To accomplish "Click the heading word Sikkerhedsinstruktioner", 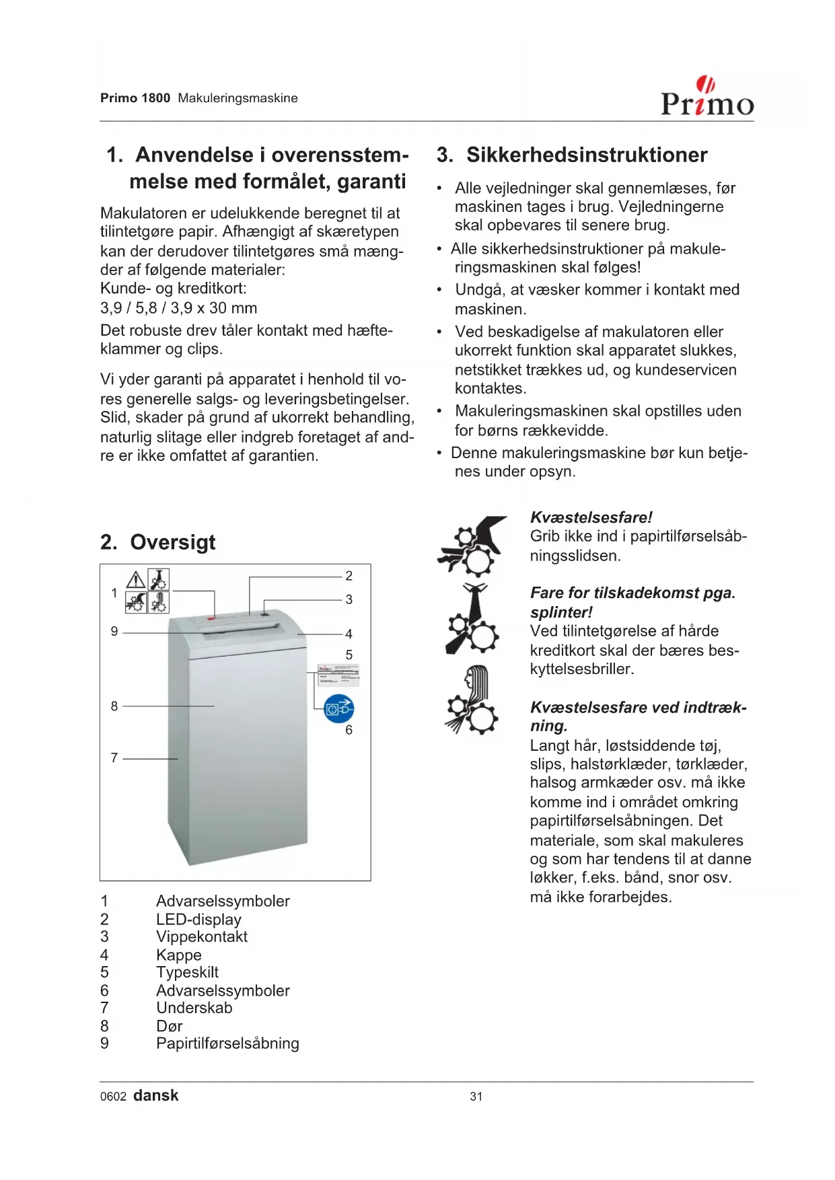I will [587, 155].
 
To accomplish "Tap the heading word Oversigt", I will [173, 542].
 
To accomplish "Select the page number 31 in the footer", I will [476, 1097].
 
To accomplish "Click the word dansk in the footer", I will [156, 1096].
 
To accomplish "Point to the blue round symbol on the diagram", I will [338, 708].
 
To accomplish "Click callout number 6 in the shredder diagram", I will [349, 730].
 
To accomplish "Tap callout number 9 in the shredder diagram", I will [114, 632].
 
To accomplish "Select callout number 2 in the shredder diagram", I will [349, 576].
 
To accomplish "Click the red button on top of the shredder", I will [211, 618].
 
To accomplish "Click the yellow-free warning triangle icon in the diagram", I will [136, 580].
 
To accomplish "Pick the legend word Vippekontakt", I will [202, 936].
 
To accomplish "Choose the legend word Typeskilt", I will [187, 972].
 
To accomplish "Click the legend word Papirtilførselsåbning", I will [227, 1043].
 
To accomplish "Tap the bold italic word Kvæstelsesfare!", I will [591, 517].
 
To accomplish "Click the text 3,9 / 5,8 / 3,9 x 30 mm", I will [178, 308].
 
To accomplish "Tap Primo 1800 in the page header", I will [135, 98].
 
